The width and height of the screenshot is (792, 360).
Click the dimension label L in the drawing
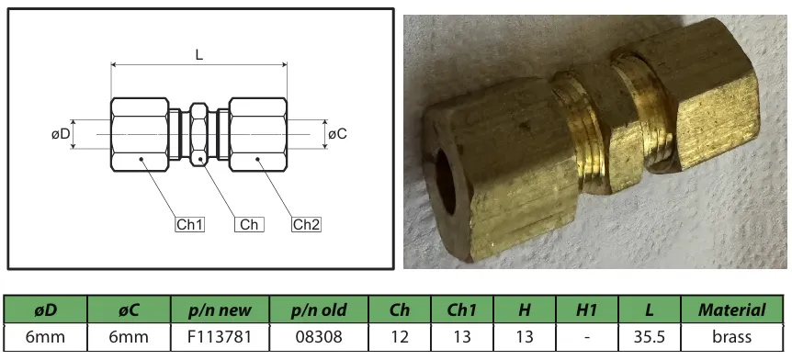click(199, 54)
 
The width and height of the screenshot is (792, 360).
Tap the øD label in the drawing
click(61, 134)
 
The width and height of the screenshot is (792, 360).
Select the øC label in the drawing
click(337, 134)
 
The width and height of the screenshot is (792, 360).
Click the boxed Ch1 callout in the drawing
click(190, 224)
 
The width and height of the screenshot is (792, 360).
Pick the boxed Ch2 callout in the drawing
click(307, 224)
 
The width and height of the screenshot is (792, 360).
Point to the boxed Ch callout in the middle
click(248, 224)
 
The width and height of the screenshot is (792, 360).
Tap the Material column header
click(731, 310)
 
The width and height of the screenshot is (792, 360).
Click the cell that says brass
click(731, 337)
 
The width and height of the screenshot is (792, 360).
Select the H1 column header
click(586, 310)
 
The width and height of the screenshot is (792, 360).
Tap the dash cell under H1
click(586, 337)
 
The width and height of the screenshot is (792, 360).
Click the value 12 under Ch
click(400, 337)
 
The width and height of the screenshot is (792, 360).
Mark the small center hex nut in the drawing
click(199, 134)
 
